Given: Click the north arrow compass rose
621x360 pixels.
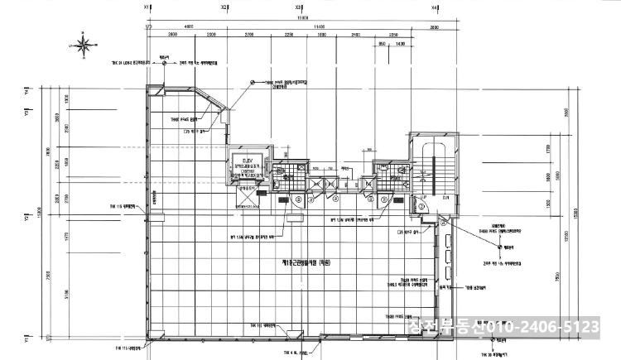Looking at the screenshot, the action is [84, 43].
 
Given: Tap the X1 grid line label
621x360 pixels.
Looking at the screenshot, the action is [147, 7].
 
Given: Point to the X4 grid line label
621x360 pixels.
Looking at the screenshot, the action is [436, 7].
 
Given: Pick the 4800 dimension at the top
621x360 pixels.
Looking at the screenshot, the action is [189, 26].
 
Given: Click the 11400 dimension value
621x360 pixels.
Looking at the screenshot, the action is [318, 26].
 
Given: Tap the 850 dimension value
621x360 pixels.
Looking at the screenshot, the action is [382, 43].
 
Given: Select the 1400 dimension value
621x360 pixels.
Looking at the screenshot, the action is [399, 43].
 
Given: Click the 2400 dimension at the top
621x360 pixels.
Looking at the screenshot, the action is [355, 35].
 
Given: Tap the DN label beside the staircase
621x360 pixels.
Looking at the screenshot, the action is [445, 196].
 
